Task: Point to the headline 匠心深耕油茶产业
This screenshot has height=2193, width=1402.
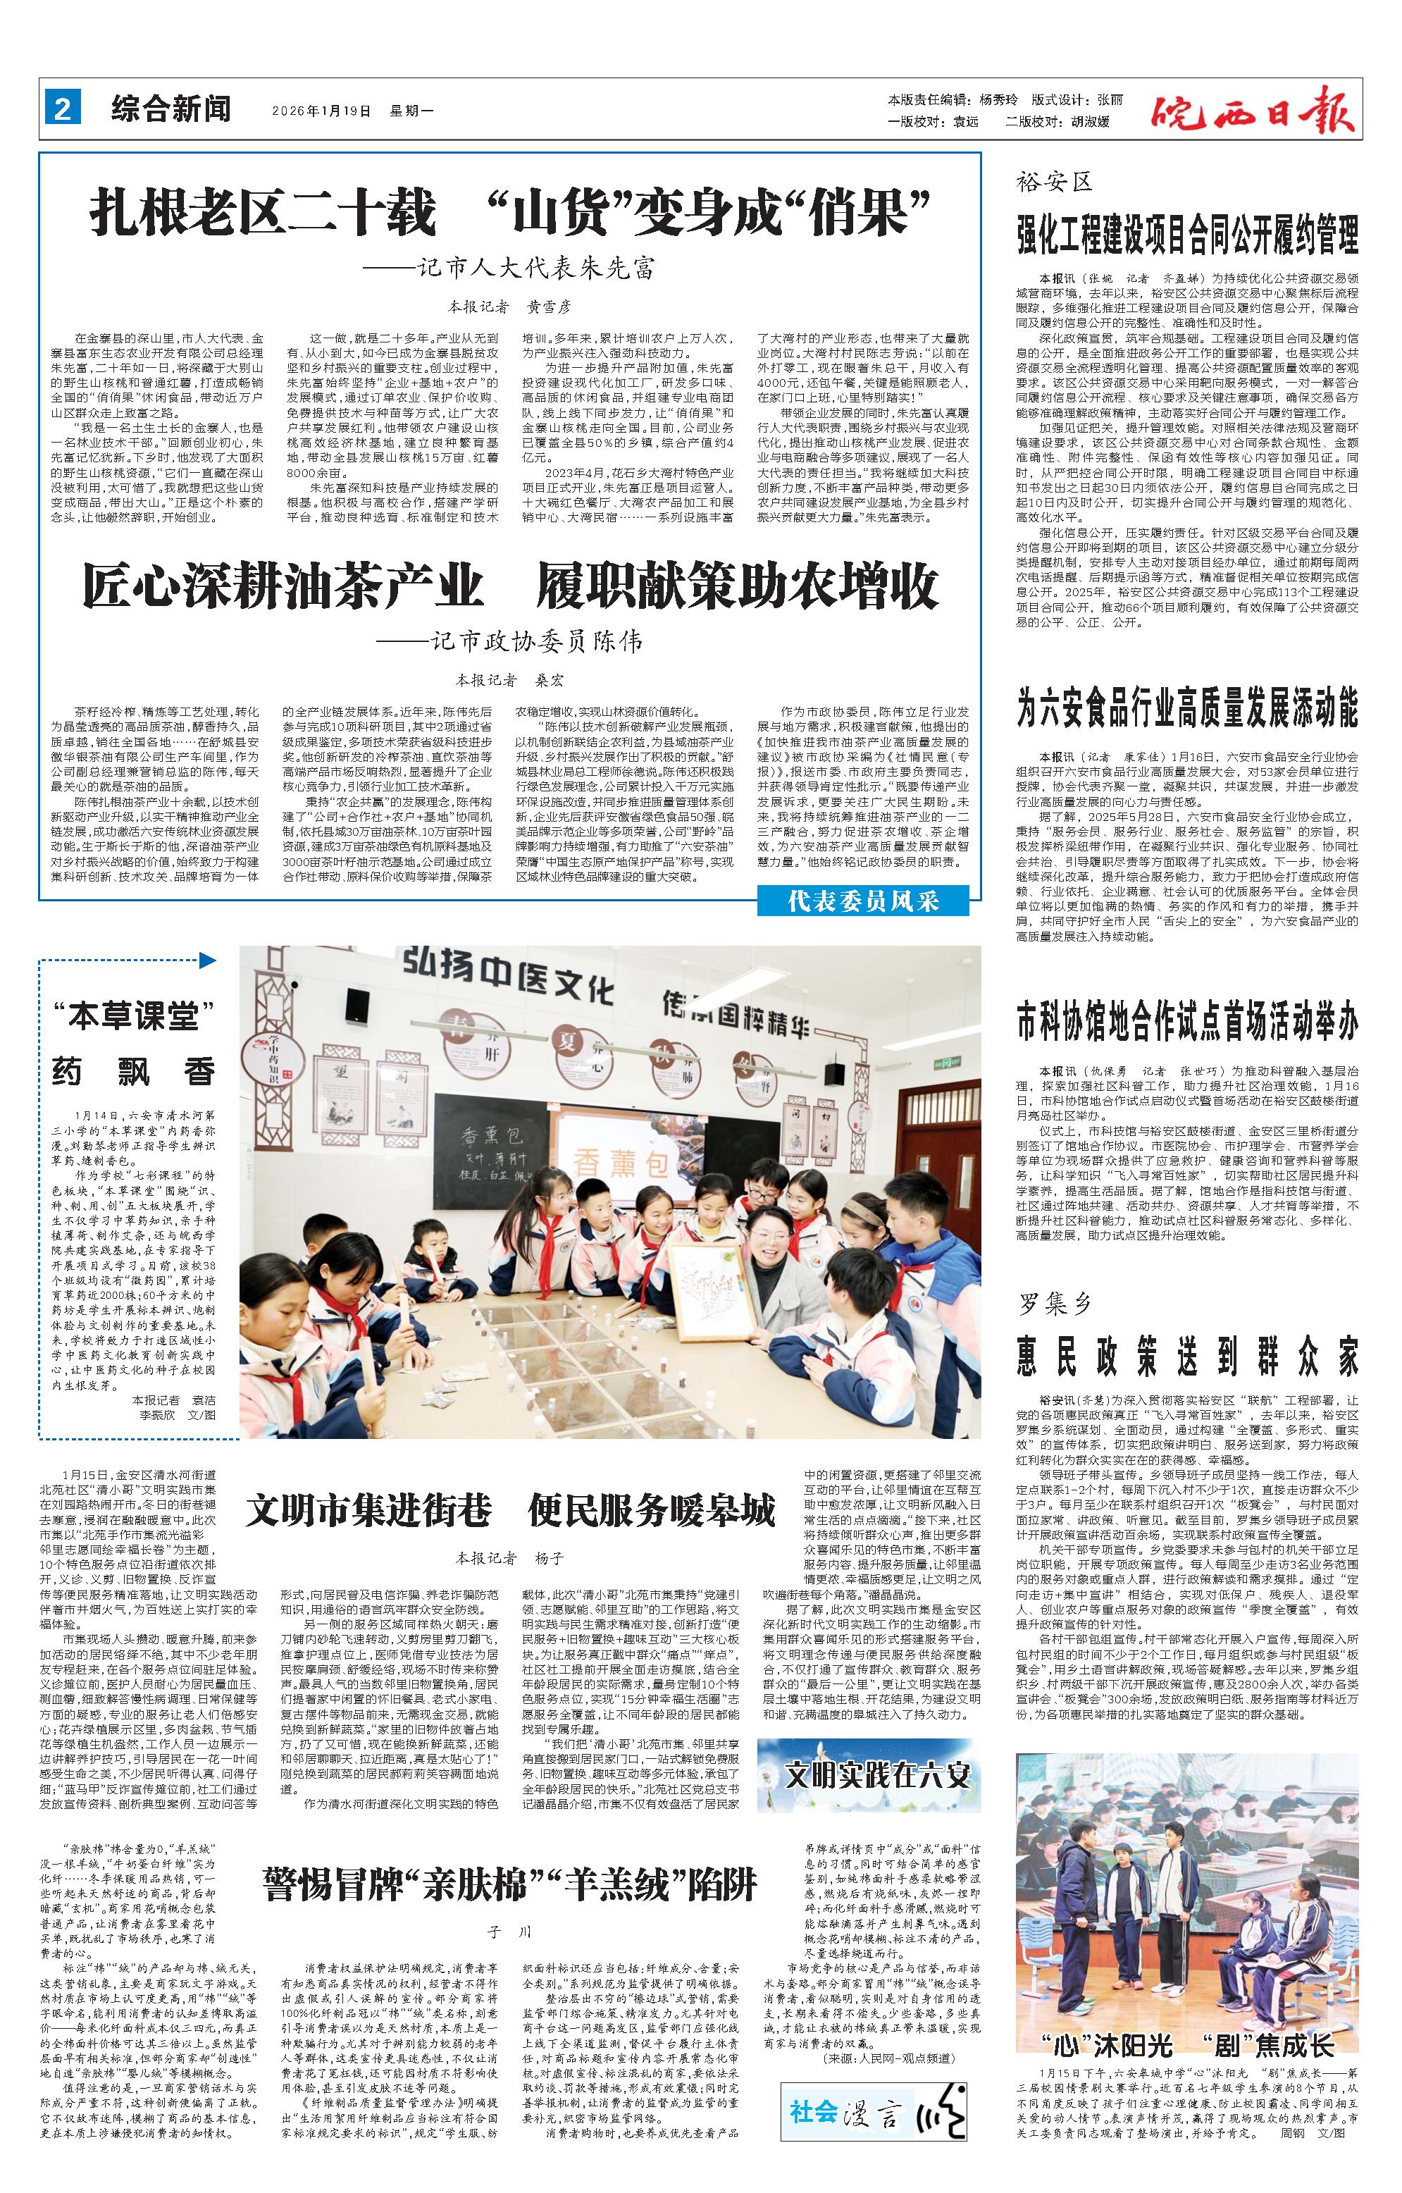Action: click(x=283, y=586)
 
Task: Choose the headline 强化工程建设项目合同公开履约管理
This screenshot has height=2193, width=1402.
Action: click(x=1187, y=235)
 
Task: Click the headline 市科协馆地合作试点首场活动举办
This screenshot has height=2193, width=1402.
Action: click(x=1187, y=1022)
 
